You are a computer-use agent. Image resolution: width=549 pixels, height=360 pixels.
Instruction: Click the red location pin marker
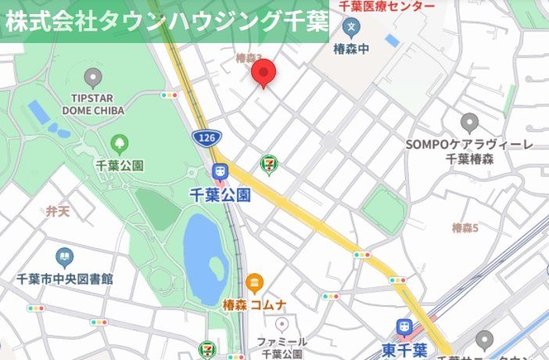click(x=265, y=73)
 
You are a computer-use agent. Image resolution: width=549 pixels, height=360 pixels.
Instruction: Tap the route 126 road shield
click(x=205, y=138)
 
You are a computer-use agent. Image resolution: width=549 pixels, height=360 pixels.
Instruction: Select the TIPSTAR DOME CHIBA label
click(x=94, y=103)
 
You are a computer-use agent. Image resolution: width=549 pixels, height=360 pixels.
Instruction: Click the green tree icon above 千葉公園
click(x=119, y=143)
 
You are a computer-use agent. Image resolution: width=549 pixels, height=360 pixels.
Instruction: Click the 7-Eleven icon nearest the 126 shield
click(x=269, y=164)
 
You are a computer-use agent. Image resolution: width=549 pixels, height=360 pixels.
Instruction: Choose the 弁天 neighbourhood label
click(x=57, y=211)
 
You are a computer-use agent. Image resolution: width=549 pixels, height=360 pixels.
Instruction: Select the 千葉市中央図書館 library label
click(x=65, y=279)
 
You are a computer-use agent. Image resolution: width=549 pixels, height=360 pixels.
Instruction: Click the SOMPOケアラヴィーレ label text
click(x=469, y=145)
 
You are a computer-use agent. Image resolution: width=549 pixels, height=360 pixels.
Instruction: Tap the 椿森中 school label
click(x=352, y=49)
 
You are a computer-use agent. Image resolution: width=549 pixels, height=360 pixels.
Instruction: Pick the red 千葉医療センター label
click(x=387, y=6)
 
